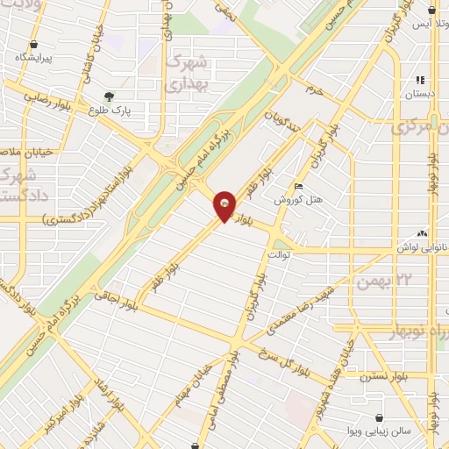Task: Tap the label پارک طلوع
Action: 109,110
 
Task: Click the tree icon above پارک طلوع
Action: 109,96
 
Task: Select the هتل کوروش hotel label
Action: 299,199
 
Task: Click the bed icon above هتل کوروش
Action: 299,186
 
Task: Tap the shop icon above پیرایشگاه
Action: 33,44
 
